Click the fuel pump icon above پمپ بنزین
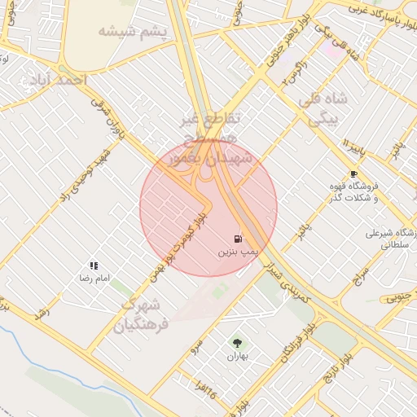237,239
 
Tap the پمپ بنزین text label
237,253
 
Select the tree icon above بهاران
237,344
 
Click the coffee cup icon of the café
353,173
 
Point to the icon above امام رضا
94,266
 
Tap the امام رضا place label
94,279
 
